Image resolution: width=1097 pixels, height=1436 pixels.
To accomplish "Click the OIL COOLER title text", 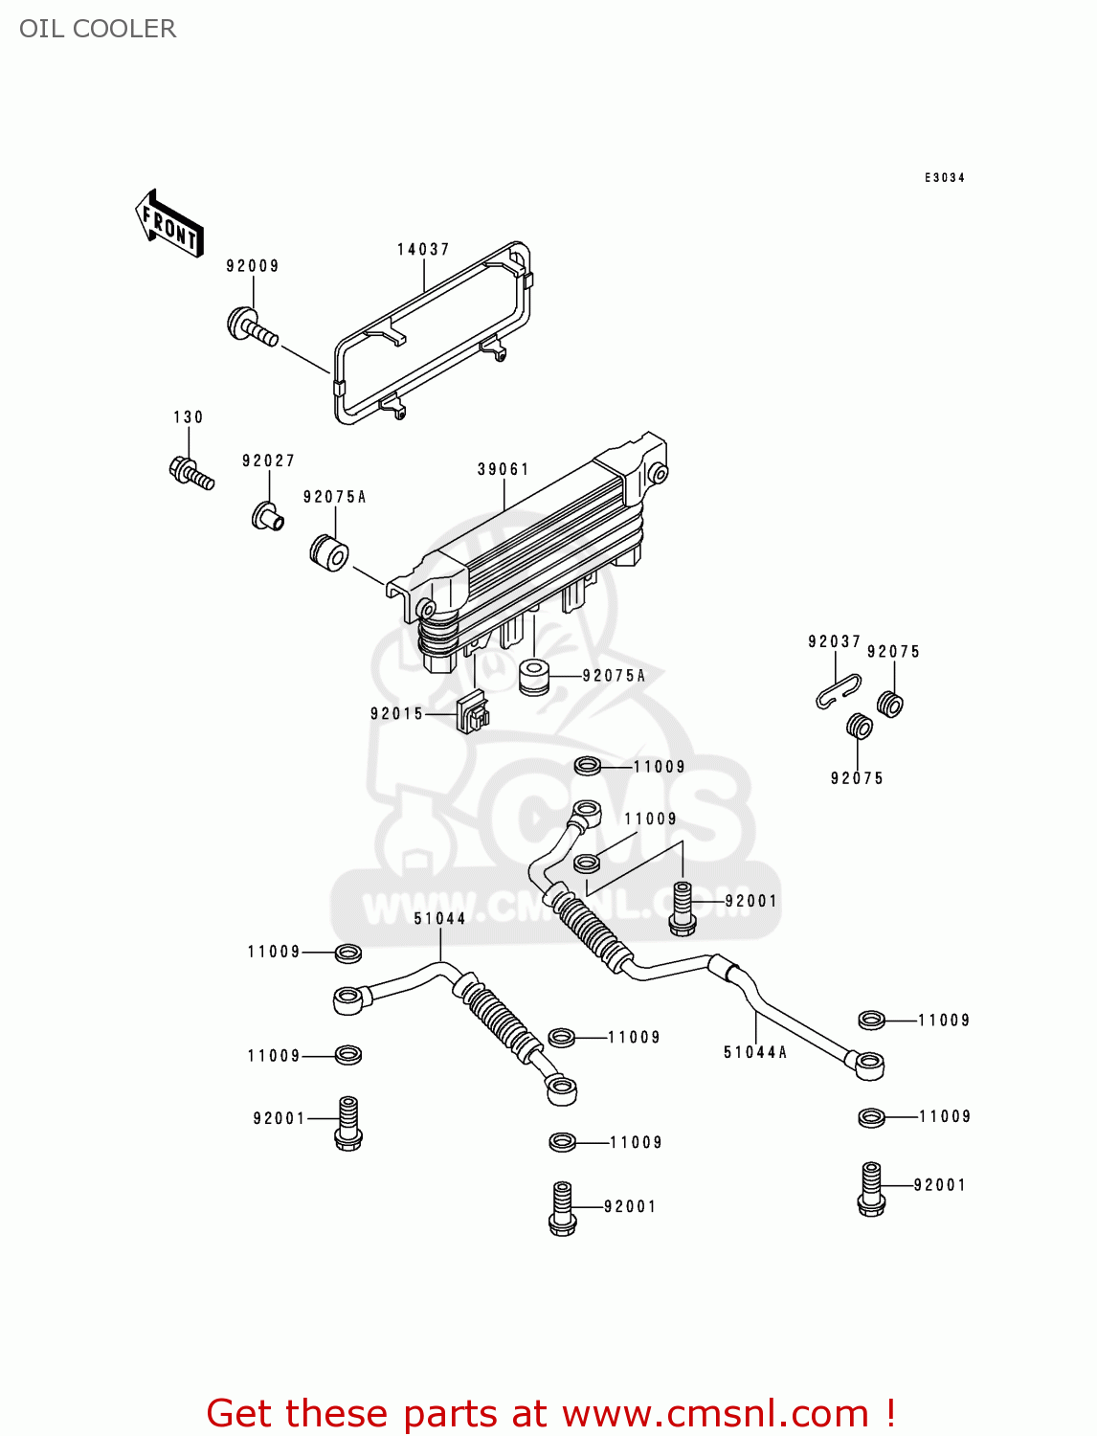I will (98, 29).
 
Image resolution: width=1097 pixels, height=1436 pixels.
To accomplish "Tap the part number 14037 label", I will (423, 250).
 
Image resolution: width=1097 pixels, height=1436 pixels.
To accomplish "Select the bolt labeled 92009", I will (251, 326).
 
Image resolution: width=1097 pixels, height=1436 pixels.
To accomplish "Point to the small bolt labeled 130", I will (190, 472).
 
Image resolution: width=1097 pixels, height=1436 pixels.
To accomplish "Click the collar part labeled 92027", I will (266, 516).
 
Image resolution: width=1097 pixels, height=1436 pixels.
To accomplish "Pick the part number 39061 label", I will (504, 469).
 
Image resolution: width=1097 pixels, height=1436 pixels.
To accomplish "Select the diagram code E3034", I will (944, 178).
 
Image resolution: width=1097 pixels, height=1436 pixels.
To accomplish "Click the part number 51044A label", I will (755, 1052).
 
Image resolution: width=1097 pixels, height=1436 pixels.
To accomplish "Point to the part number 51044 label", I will (439, 919).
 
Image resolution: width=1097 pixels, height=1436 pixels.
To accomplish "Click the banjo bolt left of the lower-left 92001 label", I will (348, 1123).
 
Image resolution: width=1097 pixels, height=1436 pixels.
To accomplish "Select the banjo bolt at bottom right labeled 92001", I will (871, 1189).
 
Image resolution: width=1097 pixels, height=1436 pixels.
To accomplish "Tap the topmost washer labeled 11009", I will (588, 767).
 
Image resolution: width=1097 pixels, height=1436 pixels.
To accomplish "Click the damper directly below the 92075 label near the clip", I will (890, 704).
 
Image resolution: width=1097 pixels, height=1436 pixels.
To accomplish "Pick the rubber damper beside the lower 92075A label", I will (534, 677).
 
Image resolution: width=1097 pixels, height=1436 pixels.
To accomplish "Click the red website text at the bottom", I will (550, 1413).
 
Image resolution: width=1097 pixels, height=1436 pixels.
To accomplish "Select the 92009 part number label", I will (253, 266).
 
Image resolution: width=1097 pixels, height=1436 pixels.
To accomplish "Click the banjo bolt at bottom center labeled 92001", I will (563, 1209).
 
